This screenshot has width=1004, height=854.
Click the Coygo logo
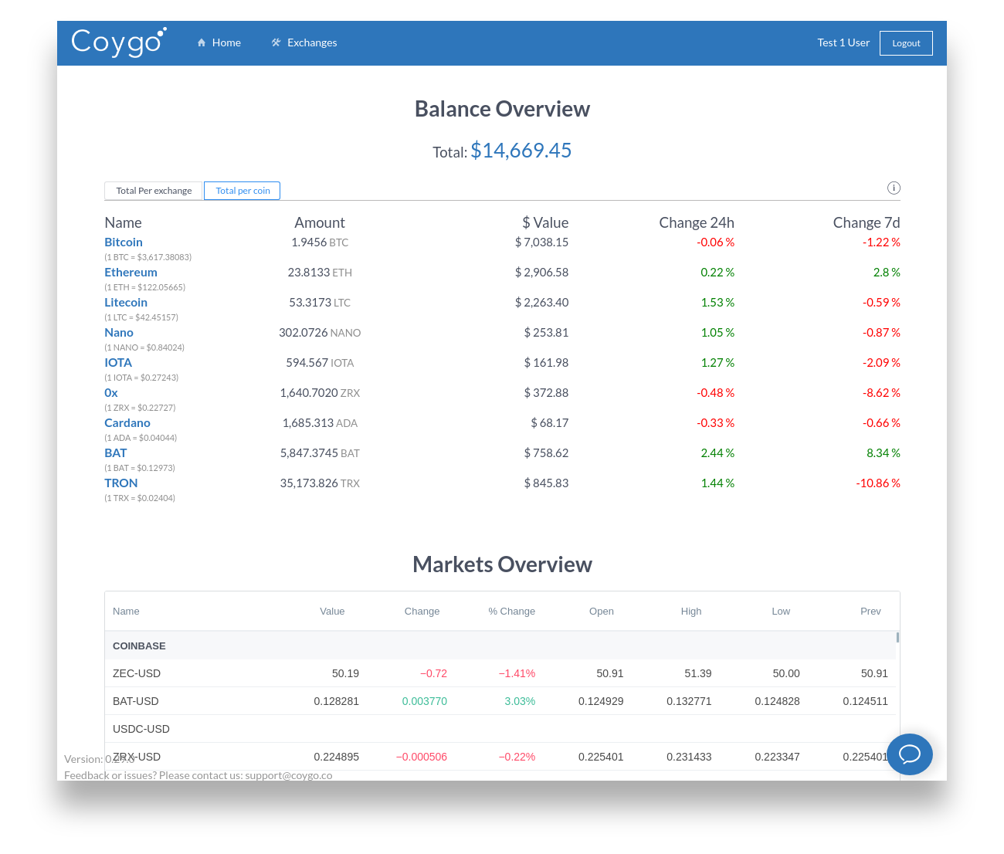click(x=118, y=42)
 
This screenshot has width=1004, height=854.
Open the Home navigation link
click(x=219, y=42)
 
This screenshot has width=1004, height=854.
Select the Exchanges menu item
click(x=304, y=42)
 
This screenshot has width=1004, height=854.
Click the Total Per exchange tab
click(x=154, y=191)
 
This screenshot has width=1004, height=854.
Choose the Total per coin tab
click(x=243, y=191)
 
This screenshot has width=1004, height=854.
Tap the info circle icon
click(x=894, y=188)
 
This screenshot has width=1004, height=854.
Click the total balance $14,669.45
click(x=521, y=151)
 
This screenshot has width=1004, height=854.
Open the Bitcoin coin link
click(x=124, y=242)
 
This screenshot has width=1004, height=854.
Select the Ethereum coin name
click(x=131, y=273)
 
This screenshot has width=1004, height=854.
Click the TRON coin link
click(x=121, y=483)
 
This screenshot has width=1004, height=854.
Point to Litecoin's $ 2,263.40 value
click(x=541, y=303)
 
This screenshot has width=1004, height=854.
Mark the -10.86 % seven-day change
click(x=878, y=483)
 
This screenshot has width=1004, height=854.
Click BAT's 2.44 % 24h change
click(x=717, y=453)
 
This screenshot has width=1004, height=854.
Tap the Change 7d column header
click(x=867, y=222)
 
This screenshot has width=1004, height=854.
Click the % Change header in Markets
click(x=511, y=612)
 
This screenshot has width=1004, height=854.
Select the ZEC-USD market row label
click(x=137, y=673)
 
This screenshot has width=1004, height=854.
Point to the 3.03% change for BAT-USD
click(x=520, y=701)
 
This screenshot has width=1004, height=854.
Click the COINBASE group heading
click(x=139, y=646)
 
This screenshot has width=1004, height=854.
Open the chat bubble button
click(x=909, y=754)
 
